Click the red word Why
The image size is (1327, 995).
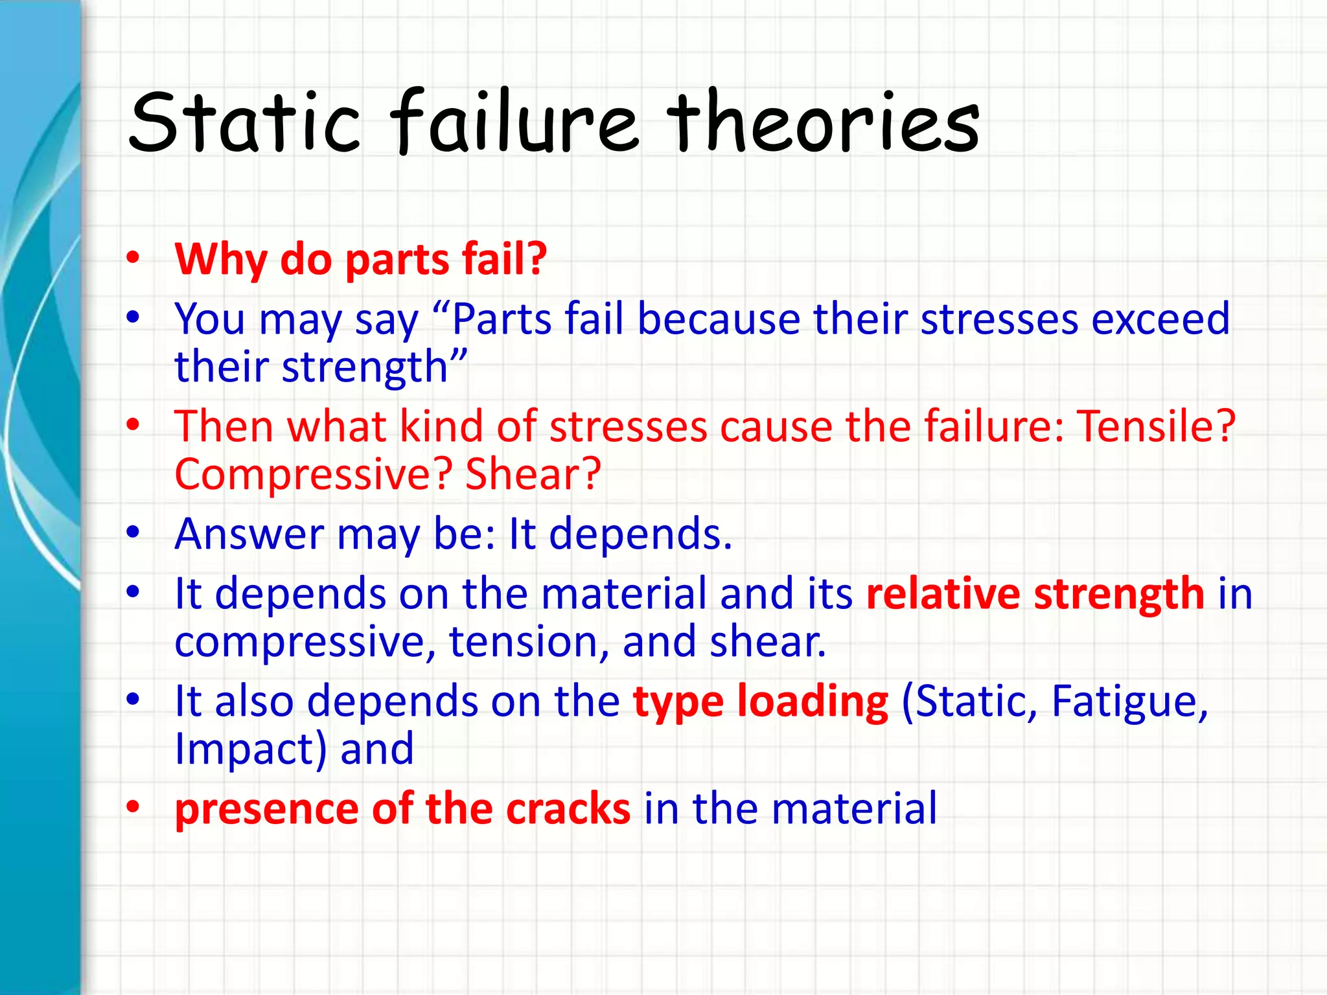[x=221, y=259]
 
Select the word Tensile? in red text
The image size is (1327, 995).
[x=1157, y=427]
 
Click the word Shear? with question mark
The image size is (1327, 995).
[x=533, y=474]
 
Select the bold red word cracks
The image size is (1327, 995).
[x=568, y=809]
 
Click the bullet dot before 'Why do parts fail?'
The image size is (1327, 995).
[x=133, y=258]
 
